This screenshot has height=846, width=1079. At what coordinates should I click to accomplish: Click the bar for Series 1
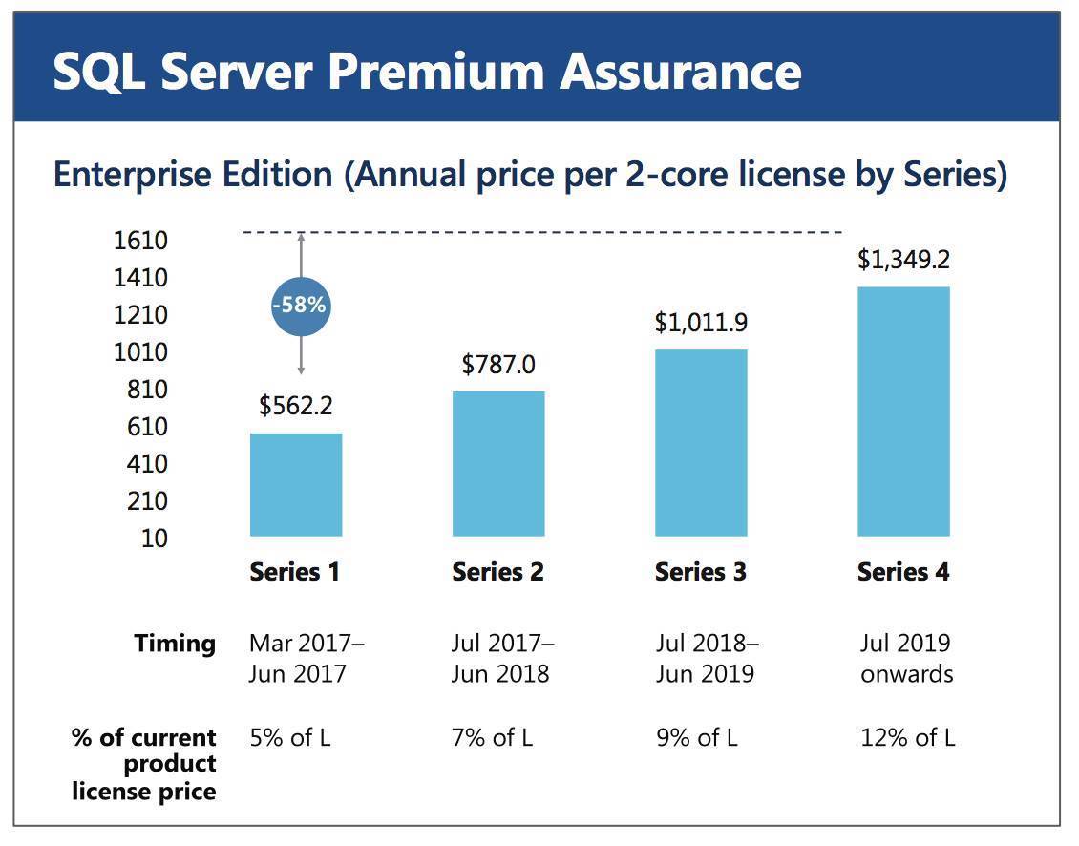296,484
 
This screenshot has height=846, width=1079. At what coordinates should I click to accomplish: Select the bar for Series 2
498,463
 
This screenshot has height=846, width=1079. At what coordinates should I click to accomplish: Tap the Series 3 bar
701,442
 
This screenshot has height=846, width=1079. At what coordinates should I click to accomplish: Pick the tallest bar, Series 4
903,411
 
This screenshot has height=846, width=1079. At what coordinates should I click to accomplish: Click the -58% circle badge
300,306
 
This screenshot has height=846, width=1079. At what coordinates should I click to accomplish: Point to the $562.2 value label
296,406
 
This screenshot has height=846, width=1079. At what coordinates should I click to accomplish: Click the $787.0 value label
498,365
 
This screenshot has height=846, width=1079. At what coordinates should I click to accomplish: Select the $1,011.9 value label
701,323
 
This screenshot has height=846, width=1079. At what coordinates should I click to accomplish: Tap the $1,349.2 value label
903,260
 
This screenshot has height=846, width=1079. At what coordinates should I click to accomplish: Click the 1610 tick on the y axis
140,241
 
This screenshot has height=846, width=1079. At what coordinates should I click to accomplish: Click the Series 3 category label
701,572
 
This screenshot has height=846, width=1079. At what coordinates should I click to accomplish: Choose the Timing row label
176,644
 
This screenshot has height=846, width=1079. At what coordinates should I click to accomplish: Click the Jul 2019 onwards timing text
906,658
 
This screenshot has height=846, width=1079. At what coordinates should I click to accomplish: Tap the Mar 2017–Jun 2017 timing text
307,658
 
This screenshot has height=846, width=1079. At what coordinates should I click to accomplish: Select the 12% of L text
907,737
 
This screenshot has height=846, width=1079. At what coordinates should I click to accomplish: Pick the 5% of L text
290,737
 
